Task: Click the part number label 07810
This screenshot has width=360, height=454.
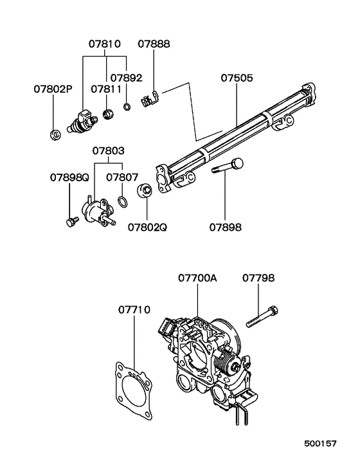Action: tap(104, 44)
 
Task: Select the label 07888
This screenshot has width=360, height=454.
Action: tap(154, 44)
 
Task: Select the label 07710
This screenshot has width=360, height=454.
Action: tap(134, 309)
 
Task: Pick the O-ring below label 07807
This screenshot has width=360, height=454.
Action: tap(122, 203)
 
